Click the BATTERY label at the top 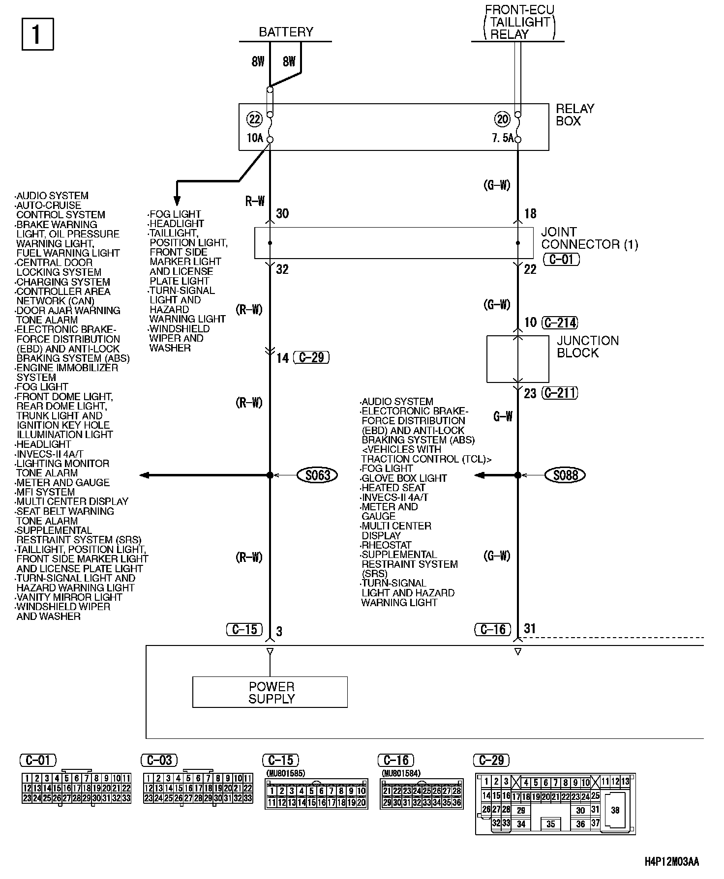286,32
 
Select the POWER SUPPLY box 270,692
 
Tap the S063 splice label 318,475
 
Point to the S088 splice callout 566,475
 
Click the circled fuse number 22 255,119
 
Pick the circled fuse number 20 503,119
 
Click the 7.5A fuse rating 503,139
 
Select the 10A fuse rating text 255,138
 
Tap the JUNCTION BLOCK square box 517,359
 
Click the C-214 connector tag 559,322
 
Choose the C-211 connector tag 559,393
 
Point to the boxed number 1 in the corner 37,34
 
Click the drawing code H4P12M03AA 671,862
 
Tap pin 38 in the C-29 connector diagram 615,810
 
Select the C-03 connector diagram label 159,761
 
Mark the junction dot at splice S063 270,475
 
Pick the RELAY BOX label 574,115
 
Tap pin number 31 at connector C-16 530,628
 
